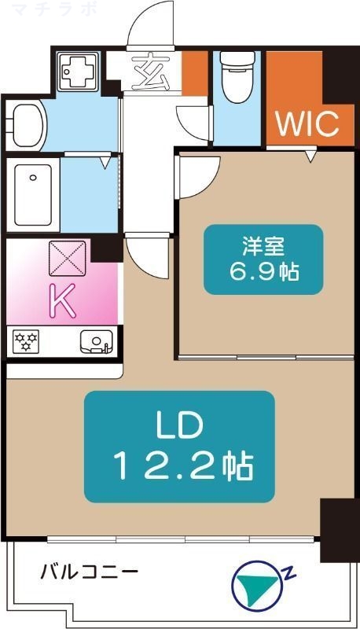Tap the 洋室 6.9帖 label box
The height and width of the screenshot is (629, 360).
pyautogui.click(x=252, y=259)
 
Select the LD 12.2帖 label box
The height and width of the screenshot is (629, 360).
pyautogui.click(x=179, y=446)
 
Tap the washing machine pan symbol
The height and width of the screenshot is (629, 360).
pyautogui.click(x=79, y=70)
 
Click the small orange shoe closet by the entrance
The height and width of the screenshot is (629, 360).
pyautogui.click(x=194, y=75)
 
